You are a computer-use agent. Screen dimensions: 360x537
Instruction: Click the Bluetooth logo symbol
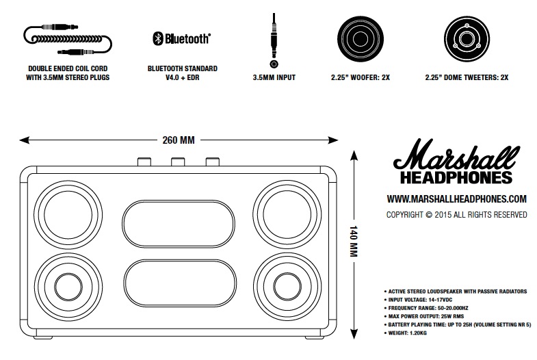[156, 38]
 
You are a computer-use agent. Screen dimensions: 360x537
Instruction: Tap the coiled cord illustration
[68, 39]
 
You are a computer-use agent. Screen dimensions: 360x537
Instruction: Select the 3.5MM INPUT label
[274, 78]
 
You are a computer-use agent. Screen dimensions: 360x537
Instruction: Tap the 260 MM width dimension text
[179, 141]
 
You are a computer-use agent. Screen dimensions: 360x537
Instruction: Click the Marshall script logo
[454, 158]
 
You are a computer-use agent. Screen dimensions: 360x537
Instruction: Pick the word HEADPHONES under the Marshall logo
[454, 178]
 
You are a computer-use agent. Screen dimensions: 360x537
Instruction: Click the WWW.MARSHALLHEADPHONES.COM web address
[456, 199]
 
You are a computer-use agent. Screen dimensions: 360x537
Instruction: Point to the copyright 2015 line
[457, 214]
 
